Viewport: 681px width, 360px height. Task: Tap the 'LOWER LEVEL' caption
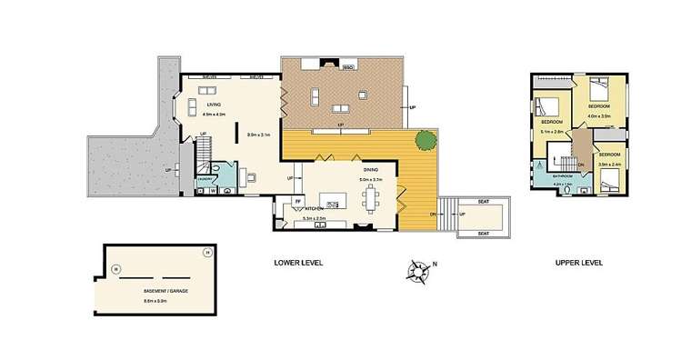(x=298, y=263)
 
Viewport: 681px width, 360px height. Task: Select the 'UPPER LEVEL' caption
(x=579, y=263)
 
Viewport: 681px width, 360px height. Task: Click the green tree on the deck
(x=424, y=141)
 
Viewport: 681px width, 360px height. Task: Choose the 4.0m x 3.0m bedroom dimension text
(x=599, y=116)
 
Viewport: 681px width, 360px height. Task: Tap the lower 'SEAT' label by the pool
(x=482, y=233)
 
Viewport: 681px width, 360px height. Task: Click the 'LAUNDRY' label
(x=205, y=180)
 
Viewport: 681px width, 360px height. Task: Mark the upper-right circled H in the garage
(x=207, y=252)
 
